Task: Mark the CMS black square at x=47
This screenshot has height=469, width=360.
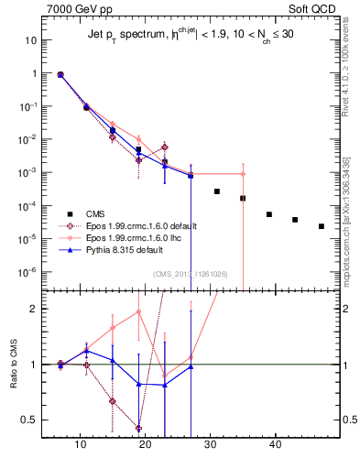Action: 322,226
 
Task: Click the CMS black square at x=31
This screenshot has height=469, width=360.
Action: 217,191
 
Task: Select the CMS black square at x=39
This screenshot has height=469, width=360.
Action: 269,214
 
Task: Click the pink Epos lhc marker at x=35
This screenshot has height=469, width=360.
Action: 243,174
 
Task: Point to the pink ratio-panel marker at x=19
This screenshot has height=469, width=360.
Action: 138,311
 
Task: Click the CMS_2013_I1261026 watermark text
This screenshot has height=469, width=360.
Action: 191,272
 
